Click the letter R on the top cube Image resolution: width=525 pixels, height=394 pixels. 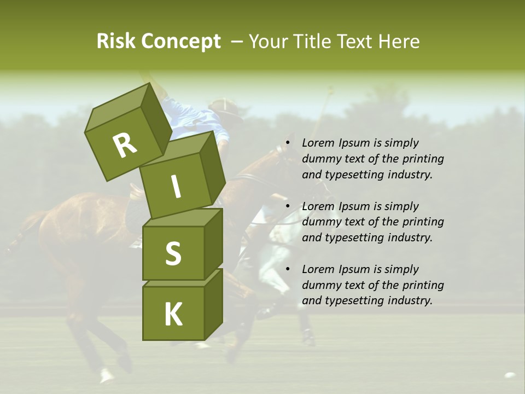(125, 146)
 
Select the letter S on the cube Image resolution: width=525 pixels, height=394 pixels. (173, 253)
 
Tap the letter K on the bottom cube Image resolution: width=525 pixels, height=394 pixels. (173, 315)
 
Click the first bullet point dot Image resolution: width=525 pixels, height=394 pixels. (287, 143)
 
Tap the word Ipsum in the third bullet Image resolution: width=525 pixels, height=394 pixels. (354, 269)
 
